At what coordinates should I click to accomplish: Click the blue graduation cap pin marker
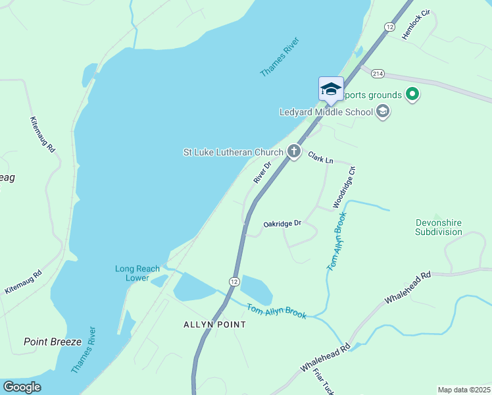pyautogui.click(x=331, y=89)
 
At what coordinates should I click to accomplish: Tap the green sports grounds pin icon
pyautogui.click(x=412, y=95)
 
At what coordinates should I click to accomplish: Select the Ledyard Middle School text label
pyautogui.click(x=326, y=112)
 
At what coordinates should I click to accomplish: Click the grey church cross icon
pyautogui.click(x=293, y=152)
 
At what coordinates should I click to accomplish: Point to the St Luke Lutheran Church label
pyautogui.click(x=233, y=152)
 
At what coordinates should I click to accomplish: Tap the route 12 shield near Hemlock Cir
pyautogui.click(x=389, y=26)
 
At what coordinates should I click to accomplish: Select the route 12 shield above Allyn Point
pyautogui.click(x=234, y=281)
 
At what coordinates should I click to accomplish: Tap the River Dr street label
pyautogui.click(x=262, y=173)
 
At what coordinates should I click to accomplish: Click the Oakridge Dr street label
pyautogui.click(x=282, y=224)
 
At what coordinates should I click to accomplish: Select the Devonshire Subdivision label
pyautogui.click(x=439, y=227)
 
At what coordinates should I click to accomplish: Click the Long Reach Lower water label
pyautogui.click(x=137, y=273)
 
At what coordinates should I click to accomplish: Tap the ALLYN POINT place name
pyautogui.click(x=214, y=325)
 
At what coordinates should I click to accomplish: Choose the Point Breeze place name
pyautogui.click(x=52, y=342)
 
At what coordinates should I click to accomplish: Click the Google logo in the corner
pyautogui.click(x=22, y=387)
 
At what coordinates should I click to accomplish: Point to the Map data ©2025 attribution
pyautogui.click(x=464, y=390)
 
